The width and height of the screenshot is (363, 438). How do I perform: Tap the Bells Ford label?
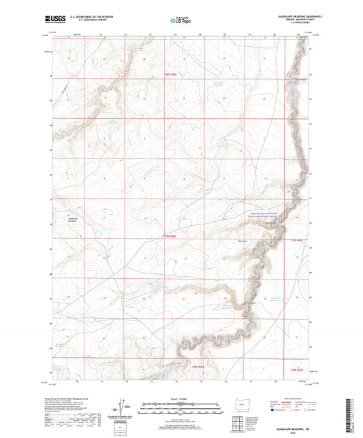click(x=242, y=239)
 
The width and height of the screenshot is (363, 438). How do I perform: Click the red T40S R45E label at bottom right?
click(x=298, y=369)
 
